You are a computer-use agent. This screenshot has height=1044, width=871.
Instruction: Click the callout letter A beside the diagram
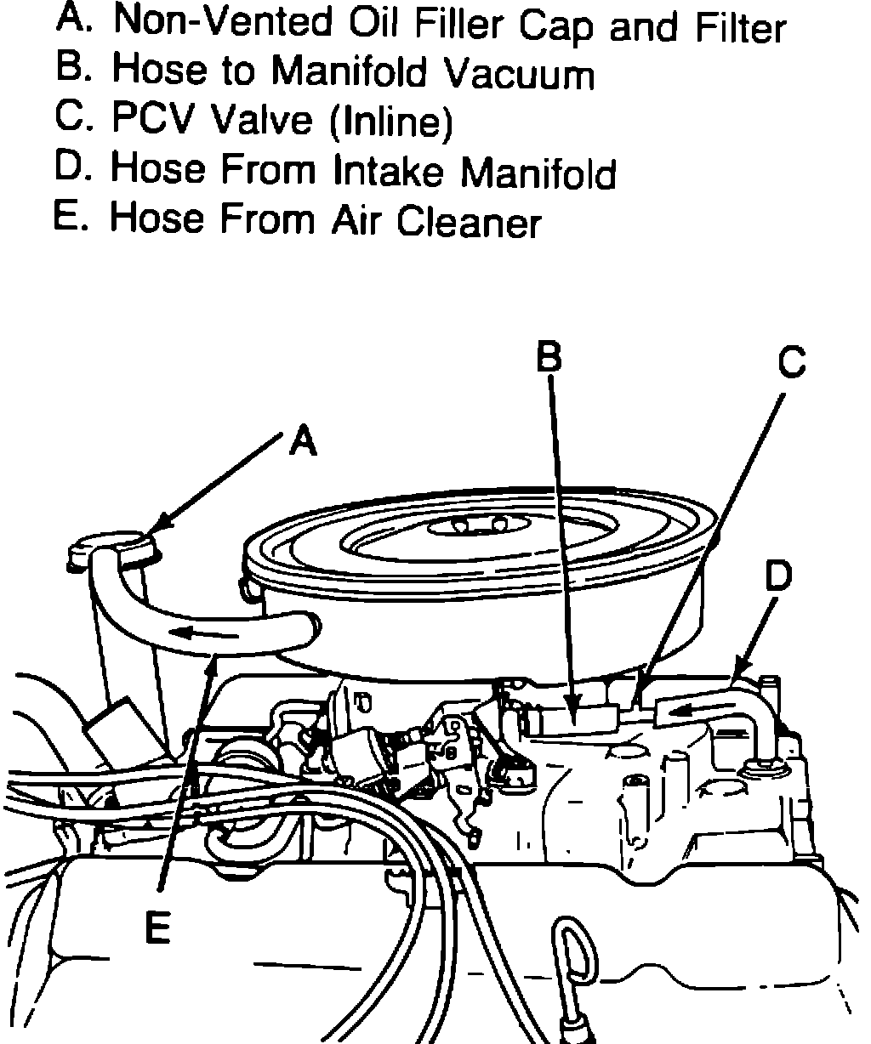tap(302, 440)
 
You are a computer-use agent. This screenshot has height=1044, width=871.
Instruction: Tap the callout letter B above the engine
tap(549, 357)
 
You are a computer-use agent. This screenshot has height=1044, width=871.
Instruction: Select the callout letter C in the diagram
tap(791, 363)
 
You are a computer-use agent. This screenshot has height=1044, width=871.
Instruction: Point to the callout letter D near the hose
tap(777, 576)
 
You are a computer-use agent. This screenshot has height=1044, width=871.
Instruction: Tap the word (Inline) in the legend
tap(390, 123)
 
